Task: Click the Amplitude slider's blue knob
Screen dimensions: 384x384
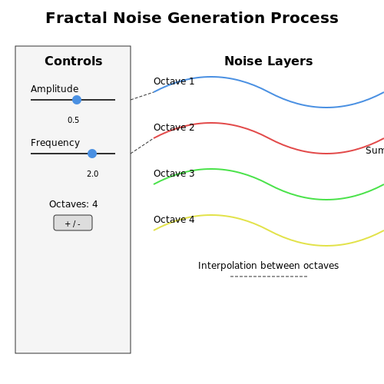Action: click(x=77, y=100)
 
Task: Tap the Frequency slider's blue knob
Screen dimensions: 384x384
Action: click(x=92, y=154)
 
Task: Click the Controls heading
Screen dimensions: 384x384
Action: click(x=74, y=61)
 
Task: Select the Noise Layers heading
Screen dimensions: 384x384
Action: click(x=269, y=61)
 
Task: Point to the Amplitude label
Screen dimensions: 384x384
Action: click(x=55, y=89)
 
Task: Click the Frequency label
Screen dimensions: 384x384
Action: click(x=55, y=143)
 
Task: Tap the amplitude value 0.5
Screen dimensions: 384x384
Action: click(x=74, y=120)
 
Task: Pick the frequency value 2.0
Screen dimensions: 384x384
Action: click(x=93, y=174)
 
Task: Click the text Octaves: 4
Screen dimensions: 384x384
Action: click(x=74, y=204)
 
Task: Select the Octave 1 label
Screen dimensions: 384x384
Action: click(x=174, y=81)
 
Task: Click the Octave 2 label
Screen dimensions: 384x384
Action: click(x=174, y=127)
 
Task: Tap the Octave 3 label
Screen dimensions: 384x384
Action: click(x=174, y=174)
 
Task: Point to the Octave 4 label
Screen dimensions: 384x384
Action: click(x=174, y=220)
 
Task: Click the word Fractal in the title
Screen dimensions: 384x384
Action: click(x=76, y=18)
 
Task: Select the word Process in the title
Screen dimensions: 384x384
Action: click(x=304, y=18)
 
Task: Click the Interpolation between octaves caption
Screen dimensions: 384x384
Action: click(x=269, y=266)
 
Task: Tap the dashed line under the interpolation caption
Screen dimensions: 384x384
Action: click(x=269, y=276)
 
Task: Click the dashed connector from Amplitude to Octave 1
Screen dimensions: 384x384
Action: click(x=142, y=96)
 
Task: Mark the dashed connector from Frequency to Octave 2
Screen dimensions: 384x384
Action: click(x=142, y=146)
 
